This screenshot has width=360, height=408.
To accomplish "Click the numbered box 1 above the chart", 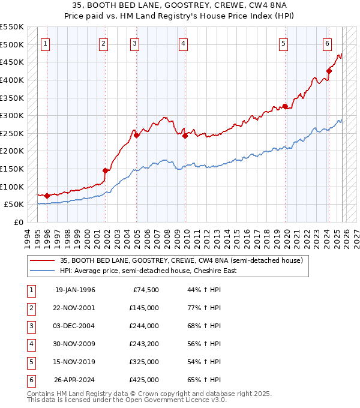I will [x=46, y=43].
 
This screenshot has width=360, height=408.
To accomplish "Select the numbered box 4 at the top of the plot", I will [x=182, y=43].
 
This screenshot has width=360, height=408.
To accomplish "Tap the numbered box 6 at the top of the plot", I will [x=327, y=43].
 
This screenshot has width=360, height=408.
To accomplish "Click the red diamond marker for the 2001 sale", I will [x=106, y=170].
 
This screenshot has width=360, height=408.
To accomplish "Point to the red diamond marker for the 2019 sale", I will [x=286, y=107].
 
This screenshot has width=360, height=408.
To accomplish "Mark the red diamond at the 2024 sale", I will [x=329, y=71].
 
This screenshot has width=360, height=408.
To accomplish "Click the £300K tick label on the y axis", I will [x=11, y=115].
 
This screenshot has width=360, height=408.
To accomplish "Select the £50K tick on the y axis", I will [x=14, y=205].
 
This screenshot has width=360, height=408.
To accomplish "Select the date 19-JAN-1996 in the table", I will [x=75, y=290].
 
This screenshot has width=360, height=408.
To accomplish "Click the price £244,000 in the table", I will [x=144, y=326].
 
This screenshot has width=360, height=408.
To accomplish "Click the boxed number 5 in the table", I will [x=30, y=362].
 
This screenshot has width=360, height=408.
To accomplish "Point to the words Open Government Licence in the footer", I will [x=178, y=400].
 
